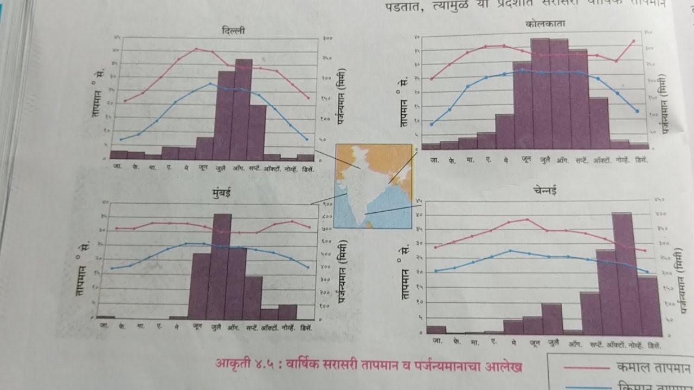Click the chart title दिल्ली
(x=233, y=31)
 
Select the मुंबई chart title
(x=223, y=194)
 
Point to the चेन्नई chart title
(x=544, y=191)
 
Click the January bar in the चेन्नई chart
(x=436, y=329)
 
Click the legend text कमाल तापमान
(x=653, y=368)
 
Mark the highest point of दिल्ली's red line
(x=196, y=49)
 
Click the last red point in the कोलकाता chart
(x=633, y=41)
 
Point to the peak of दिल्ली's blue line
(x=210, y=83)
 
